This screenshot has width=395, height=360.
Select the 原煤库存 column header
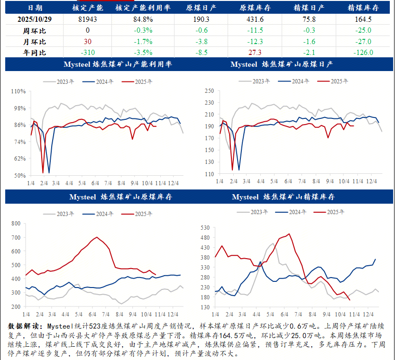[x=255, y=8]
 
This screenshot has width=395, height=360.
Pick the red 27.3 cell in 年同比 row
[x=255, y=52]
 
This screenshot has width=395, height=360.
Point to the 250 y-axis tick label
[x=209, y=90]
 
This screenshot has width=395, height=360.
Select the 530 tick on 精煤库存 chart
[x=205, y=228]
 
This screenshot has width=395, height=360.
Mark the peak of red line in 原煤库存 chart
[x=97, y=237]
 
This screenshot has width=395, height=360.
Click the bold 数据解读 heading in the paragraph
[x=24, y=326]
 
